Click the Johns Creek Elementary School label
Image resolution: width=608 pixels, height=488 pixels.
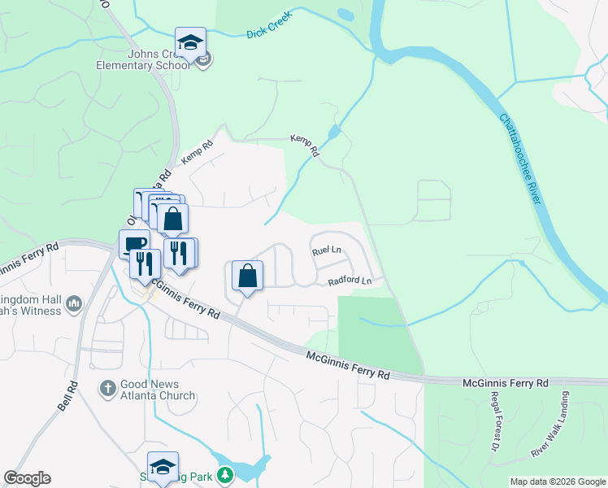point(143,59)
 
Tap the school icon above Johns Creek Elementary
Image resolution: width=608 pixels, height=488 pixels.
point(190,44)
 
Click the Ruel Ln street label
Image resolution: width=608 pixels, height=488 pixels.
point(326,253)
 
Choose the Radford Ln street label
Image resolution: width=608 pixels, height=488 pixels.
point(350,281)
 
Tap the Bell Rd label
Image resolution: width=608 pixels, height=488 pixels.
point(67,395)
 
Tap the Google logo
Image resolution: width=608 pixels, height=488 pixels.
point(27,478)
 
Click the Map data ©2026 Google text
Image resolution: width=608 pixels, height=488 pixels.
point(558,481)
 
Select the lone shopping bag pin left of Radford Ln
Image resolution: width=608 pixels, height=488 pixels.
point(248,276)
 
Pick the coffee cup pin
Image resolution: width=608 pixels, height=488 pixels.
point(134,244)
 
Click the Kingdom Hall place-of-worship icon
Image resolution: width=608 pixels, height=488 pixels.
point(74,303)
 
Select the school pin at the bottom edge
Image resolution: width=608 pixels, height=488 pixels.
point(163,467)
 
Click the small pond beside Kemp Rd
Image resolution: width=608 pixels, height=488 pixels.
point(334,132)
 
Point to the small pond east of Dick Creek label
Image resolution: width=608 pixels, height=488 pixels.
point(345,15)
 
